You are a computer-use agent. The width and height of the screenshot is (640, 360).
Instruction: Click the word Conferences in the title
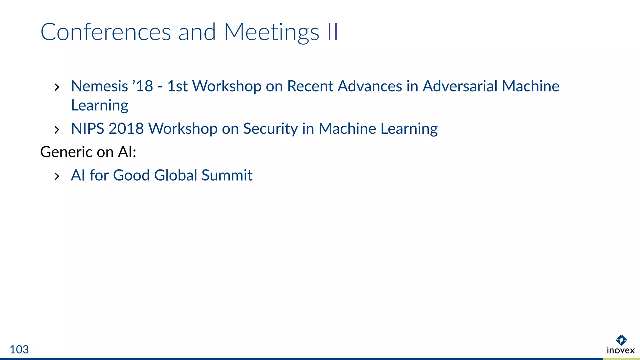(106, 32)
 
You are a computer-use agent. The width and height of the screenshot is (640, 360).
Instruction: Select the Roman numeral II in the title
(333, 32)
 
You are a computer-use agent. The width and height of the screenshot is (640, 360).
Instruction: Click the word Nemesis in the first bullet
(99, 86)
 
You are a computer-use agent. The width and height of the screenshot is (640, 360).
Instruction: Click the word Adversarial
(460, 86)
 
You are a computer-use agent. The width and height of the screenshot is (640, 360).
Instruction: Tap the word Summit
(227, 175)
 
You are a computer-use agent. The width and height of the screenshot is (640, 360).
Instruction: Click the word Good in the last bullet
(131, 175)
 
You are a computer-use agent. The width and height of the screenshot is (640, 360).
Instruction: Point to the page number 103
(19, 349)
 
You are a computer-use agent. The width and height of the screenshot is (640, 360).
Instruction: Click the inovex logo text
(621, 350)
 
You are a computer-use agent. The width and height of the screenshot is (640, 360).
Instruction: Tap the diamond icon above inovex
(621, 340)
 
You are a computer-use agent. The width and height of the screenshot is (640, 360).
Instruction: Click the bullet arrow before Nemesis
(57, 87)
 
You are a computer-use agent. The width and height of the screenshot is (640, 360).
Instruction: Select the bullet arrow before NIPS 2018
(57, 130)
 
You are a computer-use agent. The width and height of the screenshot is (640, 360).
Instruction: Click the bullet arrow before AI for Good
(57, 177)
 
